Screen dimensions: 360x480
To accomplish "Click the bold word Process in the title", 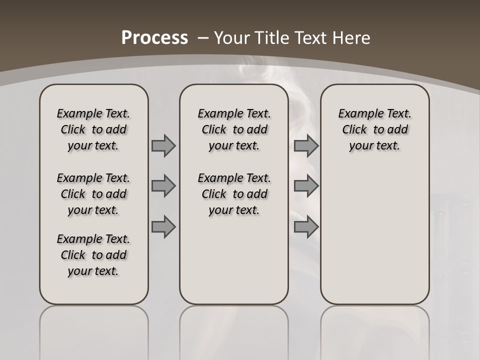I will (x=154, y=38).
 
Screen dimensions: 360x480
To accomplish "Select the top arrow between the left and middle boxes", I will (x=163, y=145).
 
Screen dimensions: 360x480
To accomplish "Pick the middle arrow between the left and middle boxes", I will (x=163, y=186).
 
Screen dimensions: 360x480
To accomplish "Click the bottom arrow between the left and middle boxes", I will (x=163, y=226).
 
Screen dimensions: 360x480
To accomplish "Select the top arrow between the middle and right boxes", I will (x=306, y=145).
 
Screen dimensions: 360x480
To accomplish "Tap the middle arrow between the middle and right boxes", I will (x=306, y=186).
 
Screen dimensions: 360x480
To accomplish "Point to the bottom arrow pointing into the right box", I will (x=306, y=226).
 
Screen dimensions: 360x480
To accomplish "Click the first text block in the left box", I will (x=93, y=129).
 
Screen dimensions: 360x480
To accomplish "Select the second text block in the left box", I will (x=93, y=194).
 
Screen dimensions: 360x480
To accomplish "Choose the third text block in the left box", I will (x=93, y=255).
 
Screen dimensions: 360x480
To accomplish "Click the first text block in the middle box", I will (x=234, y=129).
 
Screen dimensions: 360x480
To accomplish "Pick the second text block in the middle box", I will (x=234, y=194).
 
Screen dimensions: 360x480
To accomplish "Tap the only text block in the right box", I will (x=374, y=129).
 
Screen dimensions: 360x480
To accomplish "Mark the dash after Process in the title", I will (x=203, y=38).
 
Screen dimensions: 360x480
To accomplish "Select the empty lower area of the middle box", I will (x=234, y=260).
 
